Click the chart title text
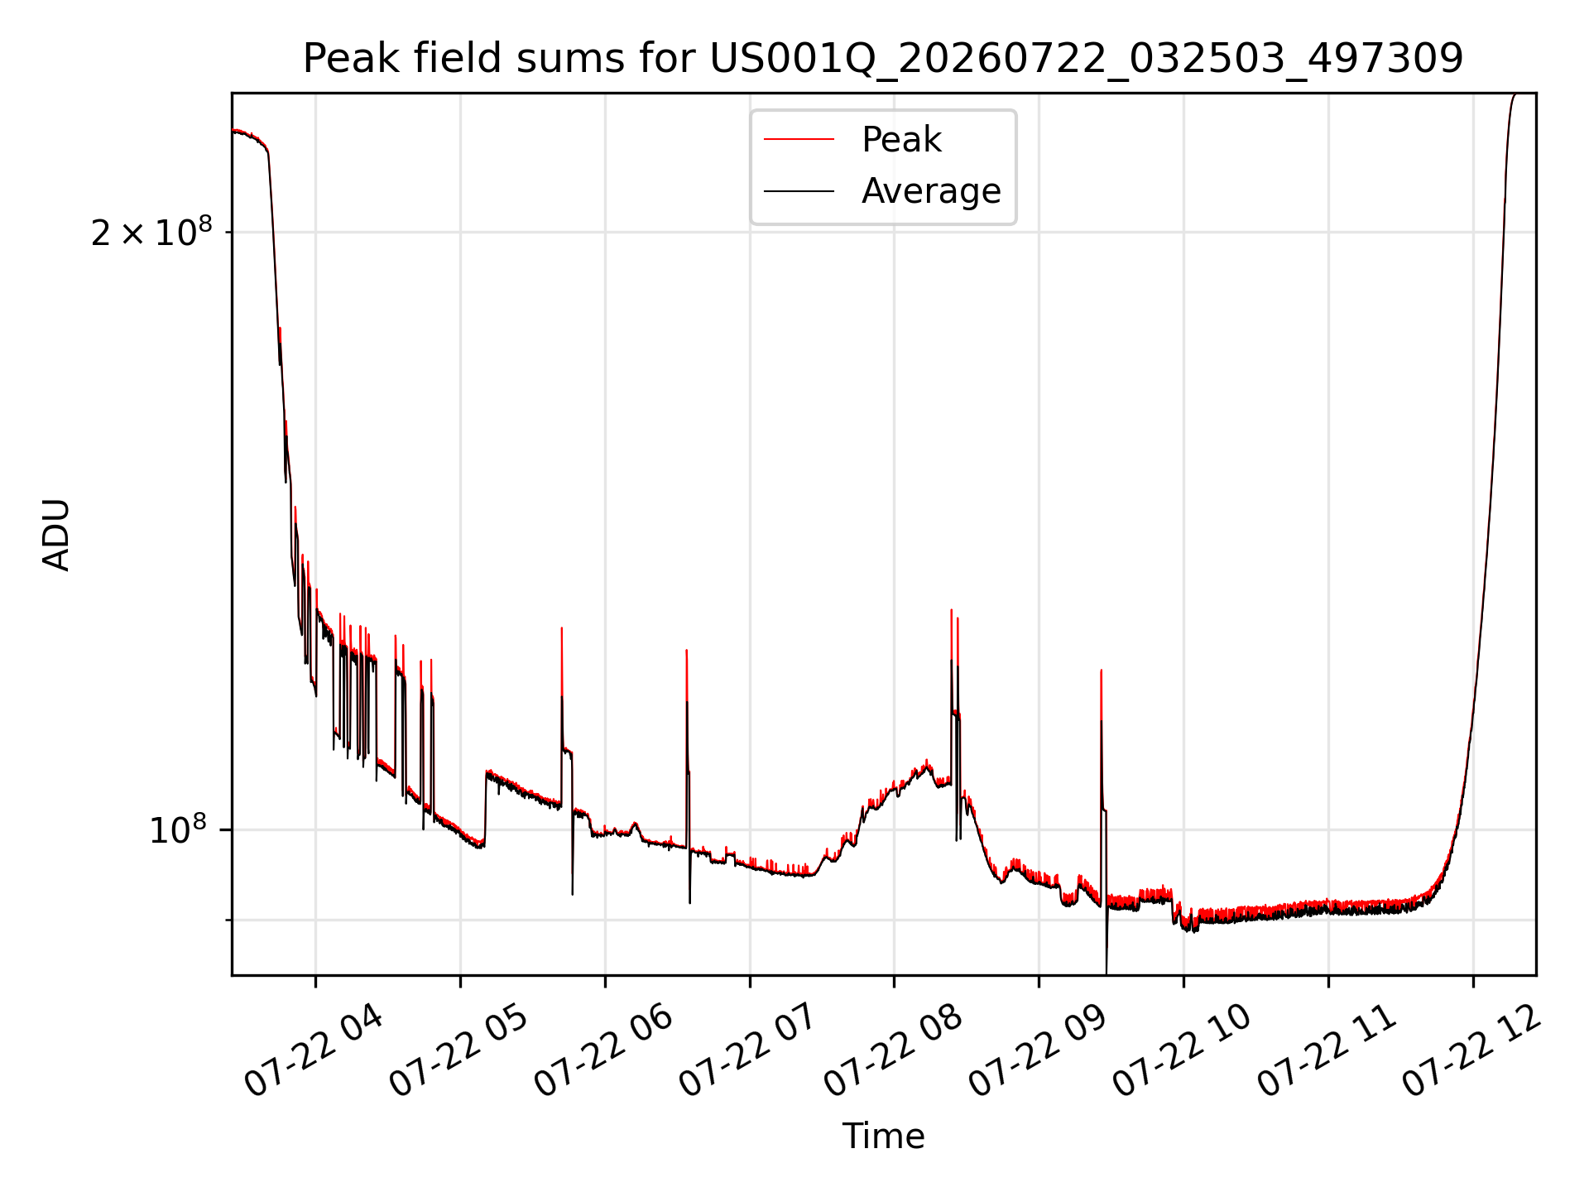coord(883,59)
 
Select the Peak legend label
coord(901,140)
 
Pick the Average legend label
coord(931,191)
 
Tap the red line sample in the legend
coord(799,140)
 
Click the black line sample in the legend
coord(799,191)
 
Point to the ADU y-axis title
coord(56,535)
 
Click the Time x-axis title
coord(883,1137)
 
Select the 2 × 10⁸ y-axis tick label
coord(151,232)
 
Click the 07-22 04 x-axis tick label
coord(314,1050)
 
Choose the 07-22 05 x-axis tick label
coord(459,1050)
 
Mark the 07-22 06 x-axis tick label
coord(604,1050)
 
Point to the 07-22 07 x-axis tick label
coord(749,1050)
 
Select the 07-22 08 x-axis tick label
coord(894,1050)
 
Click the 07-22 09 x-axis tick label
coord(1038,1050)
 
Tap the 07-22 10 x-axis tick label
coord(1183,1050)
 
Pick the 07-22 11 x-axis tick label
coord(1327,1050)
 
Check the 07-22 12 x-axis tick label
coord(1472,1050)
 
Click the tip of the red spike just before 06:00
coord(562,627)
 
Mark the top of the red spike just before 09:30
coord(1101,670)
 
